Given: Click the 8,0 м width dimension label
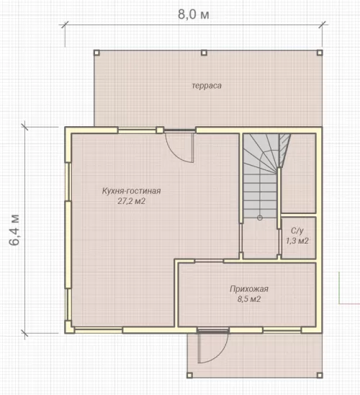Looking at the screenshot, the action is (194, 14).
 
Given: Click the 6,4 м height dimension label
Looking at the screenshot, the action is (14, 230).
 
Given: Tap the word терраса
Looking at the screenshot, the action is (207, 86).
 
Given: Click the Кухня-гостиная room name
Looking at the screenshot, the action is (131, 191).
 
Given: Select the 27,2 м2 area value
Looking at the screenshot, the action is (131, 201).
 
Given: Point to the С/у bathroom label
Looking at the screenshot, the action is (297, 231).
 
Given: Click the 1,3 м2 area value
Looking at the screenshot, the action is (297, 241).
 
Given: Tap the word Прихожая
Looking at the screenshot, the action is (249, 289).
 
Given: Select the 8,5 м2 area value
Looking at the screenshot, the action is (249, 299).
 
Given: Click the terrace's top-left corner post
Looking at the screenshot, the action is (96, 53).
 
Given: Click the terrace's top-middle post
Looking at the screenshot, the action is (204, 53).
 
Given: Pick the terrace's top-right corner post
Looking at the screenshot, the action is (320, 53).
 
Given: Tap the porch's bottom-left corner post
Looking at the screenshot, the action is (190, 375).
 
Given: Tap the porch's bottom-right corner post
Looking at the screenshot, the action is (320, 375).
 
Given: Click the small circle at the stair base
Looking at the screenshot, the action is (260, 218).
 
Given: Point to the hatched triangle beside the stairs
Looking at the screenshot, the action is (284, 148).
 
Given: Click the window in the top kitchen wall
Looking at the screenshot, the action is (137, 130).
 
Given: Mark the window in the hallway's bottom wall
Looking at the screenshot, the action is (282, 329).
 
